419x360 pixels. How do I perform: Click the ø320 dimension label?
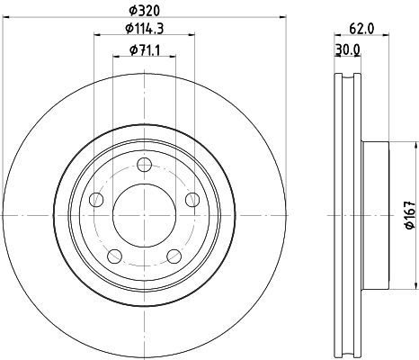point(145,11)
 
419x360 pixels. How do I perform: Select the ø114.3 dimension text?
point(145,29)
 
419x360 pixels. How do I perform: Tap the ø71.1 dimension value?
point(145,49)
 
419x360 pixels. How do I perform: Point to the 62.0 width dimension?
point(361,29)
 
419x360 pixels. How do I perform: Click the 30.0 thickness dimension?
point(348,50)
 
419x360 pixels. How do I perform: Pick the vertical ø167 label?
point(410,215)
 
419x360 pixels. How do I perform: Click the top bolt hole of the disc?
point(144,165)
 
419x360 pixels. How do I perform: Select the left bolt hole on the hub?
point(96,200)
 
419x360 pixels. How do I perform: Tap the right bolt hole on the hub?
point(192,200)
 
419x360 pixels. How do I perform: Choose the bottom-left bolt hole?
point(115,256)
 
